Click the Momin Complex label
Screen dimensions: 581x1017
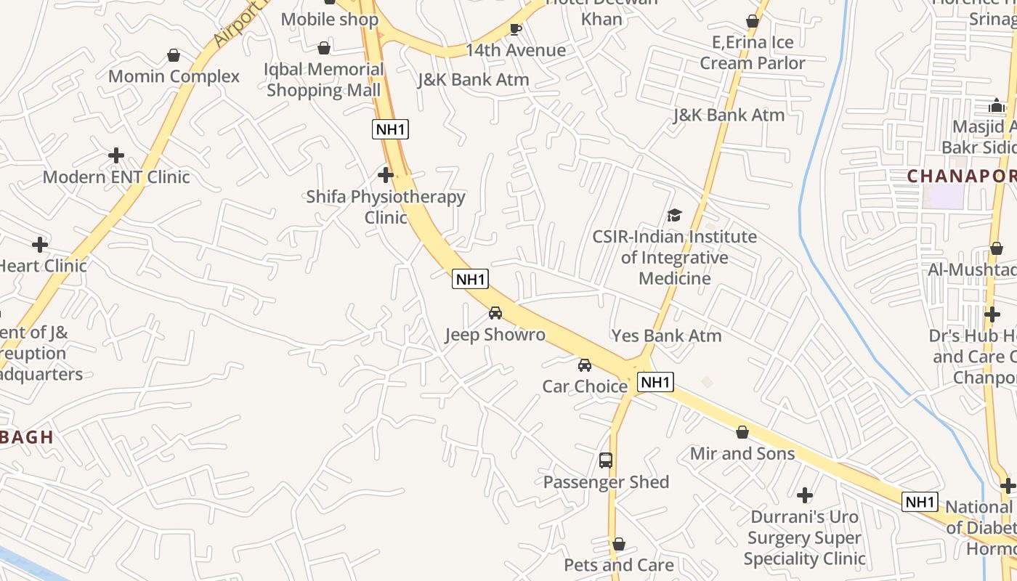click(x=174, y=76)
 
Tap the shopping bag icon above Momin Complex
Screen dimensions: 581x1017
click(x=174, y=55)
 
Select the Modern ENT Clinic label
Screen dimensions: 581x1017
click(x=116, y=176)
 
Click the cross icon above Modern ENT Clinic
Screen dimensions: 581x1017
click(x=116, y=155)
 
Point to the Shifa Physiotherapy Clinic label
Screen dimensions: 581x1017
click(x=386, y=207)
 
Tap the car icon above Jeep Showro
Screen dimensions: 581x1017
click(x=495, y=313)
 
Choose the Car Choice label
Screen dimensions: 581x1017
click(x=585, y=386)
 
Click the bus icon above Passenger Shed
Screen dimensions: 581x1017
click(x=606, y=460)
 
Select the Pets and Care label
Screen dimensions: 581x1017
click(x=619, y=565)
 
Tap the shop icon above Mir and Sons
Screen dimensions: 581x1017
click(x=742, y=432)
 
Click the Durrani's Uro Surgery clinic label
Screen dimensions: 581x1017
click(x=804, y=537)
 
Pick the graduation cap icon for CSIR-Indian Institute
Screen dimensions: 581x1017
click(x=675, y=215)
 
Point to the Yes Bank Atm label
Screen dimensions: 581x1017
click(x=666, y=336)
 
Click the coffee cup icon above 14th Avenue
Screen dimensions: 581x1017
click(x=516, y=29)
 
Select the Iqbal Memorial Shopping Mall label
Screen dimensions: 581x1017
click(x=324, y=80)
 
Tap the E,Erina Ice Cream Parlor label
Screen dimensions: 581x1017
click(x=753, y=53)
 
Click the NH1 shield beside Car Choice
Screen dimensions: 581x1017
click(x=656, y=382)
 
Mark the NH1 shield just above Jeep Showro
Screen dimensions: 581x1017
click(x=470, y=279)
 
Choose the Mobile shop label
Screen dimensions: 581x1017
click(x=330, y=19)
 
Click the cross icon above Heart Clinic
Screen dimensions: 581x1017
click(x=40, y=245)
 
